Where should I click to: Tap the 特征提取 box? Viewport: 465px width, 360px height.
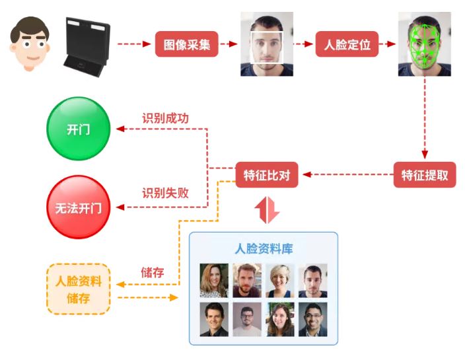425,175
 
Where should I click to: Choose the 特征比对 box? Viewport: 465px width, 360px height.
267,175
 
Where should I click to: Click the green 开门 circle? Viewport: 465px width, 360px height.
78,129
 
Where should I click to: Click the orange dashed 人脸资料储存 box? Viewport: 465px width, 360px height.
79,289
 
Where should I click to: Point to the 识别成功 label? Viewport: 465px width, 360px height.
165,118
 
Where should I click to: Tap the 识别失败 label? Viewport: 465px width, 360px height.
165,193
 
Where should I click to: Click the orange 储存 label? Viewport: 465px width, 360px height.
152,271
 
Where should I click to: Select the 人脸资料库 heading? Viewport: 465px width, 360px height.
264,248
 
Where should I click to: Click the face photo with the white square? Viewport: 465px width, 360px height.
266,44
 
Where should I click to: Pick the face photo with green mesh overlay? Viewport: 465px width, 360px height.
424,44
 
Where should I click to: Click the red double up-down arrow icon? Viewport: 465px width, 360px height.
267,209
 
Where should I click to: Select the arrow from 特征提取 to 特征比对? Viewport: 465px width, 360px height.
347,175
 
